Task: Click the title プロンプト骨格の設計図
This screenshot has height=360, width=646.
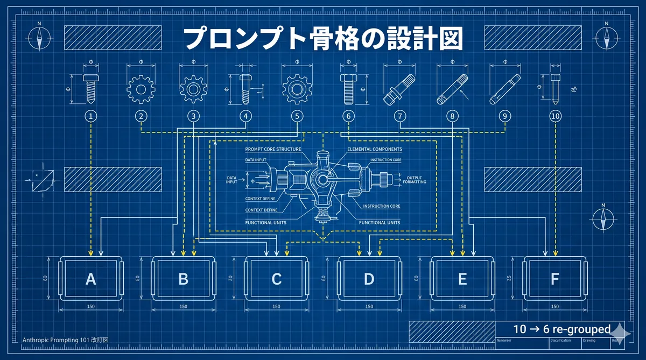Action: pyautogui.click(x=322, y=39)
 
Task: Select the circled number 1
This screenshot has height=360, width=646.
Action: pyautogui.click(x=92, y=116)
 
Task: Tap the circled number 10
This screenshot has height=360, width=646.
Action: pyautogui.click(x=556, y=116)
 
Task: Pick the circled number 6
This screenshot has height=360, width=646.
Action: pyautogui.click(x=348, y=116)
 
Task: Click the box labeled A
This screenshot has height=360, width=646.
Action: pyautogui.click(x=90, y=279)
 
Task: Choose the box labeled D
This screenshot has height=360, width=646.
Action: pyautogui.click(x=369, y=279)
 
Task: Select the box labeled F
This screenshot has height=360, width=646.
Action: pyautogui.click(x=554, y=279)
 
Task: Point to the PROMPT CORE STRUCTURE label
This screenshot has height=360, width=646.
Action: pyautogui.click(x=273, y=149)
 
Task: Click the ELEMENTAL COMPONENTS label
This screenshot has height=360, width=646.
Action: pyautogui.click(x=375, y=149)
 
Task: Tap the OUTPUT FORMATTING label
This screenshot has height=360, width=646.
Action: pyautogui.click(x=414, y=180)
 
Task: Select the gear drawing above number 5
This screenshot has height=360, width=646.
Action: pyautogui.click(x=297, y=86)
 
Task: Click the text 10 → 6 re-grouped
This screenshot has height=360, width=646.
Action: pyautogui.click(x=561, y=329)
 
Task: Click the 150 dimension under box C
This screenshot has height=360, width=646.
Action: pyautogui.click(x=276, y=307)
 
